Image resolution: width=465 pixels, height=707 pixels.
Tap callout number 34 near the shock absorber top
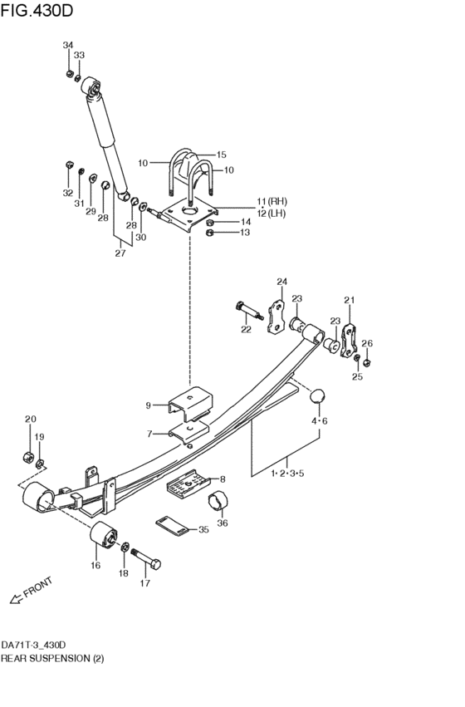[x=68, y=45]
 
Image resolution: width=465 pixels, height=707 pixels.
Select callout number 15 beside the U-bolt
[x=222, y=155]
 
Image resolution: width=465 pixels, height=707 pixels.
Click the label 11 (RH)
[x=273, y=202]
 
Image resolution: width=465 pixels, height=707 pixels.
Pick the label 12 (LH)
[x=272, y=214]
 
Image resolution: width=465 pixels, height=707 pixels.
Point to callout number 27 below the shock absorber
[x=120, y=253]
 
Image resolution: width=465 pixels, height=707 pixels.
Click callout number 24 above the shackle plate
[x=281, y=282]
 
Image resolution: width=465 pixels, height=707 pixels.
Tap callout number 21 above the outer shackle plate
[x=349, y=300]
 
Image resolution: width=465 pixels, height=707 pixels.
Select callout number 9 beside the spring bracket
[x=149, y=405]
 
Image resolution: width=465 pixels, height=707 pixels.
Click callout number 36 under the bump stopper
[x=222, y=523]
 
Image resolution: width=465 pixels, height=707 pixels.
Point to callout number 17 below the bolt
[x=144, y=582]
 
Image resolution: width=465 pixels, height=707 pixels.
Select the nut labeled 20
[x=27, y=456]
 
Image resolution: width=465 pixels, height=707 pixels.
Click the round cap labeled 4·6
[x=317, y=396]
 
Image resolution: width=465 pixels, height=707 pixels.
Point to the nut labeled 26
[x=367, y=361]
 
